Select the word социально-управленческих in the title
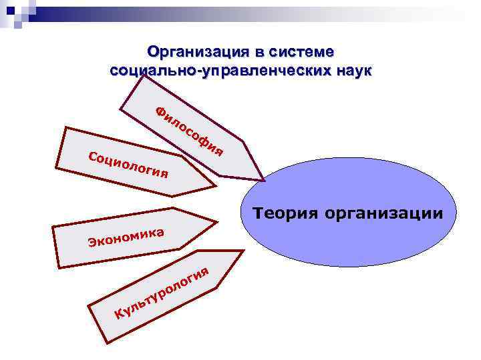(218, 70)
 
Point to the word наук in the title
(351, 70)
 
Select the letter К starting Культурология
(118, 314)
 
